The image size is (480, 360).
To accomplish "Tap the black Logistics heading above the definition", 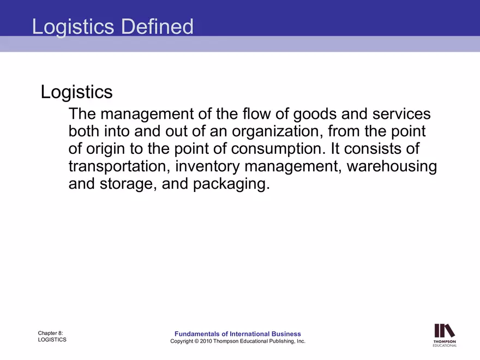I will (76, 92).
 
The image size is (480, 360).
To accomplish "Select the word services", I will (401, 115).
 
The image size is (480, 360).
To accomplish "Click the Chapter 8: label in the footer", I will (50, 333).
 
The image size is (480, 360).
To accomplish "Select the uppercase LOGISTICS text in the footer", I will (52, 340).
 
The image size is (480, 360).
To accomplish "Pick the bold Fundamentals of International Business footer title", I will (237, 334).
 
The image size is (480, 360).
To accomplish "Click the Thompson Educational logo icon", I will (445, 331).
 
